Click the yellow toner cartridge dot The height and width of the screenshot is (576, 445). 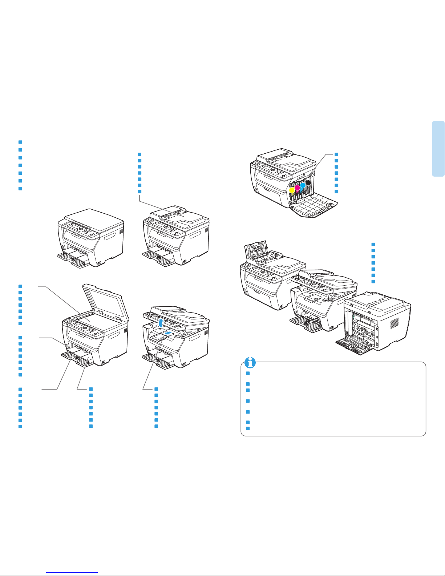(x=291, y=190)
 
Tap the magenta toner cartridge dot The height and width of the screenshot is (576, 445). (x=297, y=188)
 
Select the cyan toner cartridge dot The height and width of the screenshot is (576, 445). (x=302, y=185)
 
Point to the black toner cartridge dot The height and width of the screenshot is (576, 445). (x=308, y=182)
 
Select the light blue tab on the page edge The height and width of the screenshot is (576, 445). (x=438, y=149)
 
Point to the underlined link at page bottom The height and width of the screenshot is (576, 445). (x=72, y=572)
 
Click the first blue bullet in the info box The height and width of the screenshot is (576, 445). (x=247, y=373)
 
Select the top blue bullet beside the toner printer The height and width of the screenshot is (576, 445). (x=336, y=154)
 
